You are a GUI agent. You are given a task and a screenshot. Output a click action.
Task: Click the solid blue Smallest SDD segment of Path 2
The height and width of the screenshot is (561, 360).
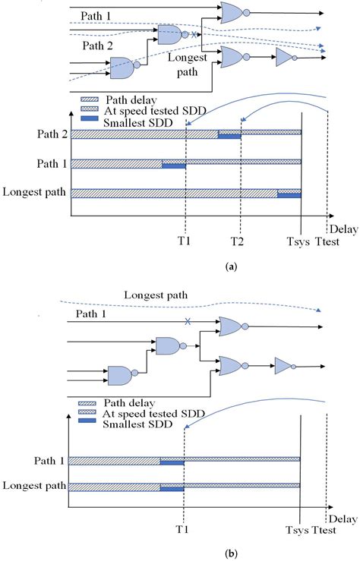(x=229, y=136)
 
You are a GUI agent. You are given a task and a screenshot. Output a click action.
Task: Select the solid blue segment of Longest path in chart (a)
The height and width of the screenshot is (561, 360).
(x=289, y=196)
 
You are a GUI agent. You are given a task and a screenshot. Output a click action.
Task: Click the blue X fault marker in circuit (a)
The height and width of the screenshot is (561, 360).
(x=194, y=34)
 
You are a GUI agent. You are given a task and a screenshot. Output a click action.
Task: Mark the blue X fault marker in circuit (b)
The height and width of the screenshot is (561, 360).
(x=187, y=320)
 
